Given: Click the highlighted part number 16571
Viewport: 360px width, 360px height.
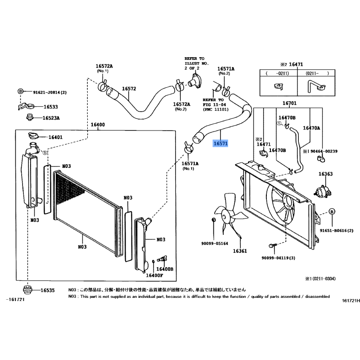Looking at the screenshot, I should [220, 144].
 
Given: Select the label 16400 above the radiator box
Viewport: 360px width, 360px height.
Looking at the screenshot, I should [98, 125].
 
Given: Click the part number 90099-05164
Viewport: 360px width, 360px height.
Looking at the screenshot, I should [215, 244].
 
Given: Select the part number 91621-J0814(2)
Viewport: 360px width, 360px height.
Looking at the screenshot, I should [49, 92].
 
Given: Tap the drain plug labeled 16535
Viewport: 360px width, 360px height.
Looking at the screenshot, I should [28, 290].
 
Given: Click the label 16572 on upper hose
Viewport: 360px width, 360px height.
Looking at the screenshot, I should [129, 89].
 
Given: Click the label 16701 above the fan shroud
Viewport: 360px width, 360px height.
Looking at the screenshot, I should [289, 103].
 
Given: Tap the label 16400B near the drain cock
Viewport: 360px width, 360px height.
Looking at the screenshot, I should [165, 269].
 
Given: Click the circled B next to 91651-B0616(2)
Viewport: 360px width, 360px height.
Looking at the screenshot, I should [332, 211].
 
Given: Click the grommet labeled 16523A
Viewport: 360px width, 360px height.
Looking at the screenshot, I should [30, 118].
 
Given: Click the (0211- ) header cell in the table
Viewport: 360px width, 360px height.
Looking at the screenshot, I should [318, 73].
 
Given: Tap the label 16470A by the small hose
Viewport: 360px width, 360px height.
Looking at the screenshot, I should [311, 128].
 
